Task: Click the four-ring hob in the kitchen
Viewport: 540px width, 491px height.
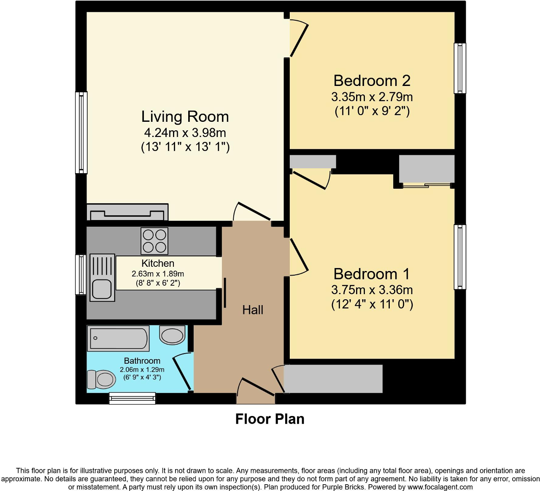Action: (154, 241)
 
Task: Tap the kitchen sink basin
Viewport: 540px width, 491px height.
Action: (102, 289)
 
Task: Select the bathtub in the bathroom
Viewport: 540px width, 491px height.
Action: (118, 338)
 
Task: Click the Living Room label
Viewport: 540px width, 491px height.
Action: (185, 116)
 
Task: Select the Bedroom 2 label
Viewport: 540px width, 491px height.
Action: (372, 81)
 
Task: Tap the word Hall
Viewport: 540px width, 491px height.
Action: (253, 310)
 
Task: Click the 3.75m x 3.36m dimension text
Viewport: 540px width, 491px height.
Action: (372, 290)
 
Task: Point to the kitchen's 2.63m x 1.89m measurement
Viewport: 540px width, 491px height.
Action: (158, 274)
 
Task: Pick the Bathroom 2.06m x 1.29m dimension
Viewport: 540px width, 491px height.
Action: (142, 370)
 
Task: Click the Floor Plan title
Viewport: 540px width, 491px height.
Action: (270, 419)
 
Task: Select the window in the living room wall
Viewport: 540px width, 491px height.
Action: (81, 133)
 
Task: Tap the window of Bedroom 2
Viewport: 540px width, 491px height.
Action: (460, 68)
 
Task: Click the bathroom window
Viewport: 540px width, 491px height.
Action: (132, 398)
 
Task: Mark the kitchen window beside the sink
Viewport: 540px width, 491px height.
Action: (81, 275)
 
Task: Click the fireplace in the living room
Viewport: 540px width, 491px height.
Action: (127, 212)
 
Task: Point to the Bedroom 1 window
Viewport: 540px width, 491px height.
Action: (460, 257)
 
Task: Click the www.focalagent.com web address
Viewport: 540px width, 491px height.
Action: (440, 487)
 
